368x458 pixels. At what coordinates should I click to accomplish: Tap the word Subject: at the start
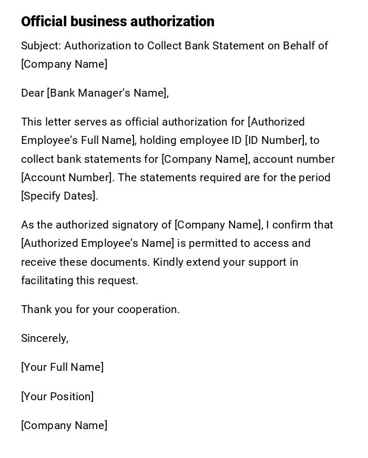point(41,46)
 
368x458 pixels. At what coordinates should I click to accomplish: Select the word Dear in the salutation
point(32,93)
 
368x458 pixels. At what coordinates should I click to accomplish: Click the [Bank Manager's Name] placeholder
point(107,93)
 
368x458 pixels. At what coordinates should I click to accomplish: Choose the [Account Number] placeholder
point(66,178)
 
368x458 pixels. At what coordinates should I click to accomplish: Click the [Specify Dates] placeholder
point(58,196)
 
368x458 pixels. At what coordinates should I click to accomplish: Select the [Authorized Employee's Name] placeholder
point(97,244)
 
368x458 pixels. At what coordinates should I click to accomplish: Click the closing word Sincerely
point(44,339)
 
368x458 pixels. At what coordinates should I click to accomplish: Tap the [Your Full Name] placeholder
point(62,368)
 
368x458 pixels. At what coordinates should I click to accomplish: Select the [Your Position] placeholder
point(57,397)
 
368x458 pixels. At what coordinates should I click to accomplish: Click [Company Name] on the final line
point(64,425)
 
